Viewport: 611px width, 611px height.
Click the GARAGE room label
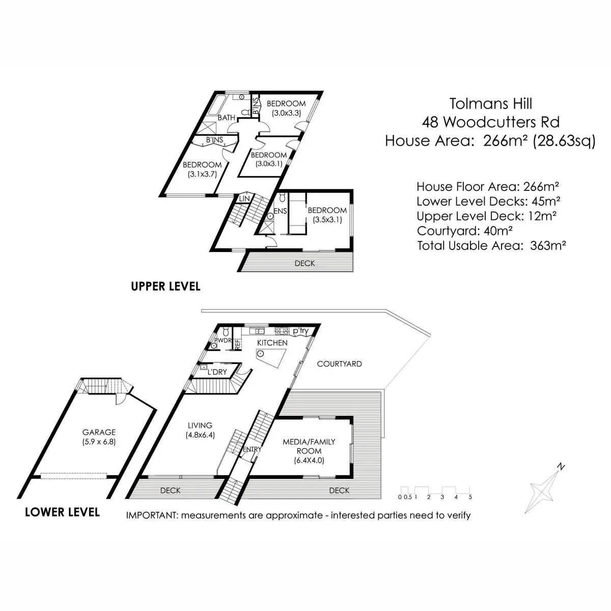click(100, 432)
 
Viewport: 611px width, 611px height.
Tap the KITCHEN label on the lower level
click(272, 343)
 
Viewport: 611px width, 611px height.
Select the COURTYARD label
click(339, 364)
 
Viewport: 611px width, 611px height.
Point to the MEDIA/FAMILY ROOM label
click(309, 446)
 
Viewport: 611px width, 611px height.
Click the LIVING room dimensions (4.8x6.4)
click(200, 435)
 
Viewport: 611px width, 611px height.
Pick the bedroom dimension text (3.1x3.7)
click(202, 174)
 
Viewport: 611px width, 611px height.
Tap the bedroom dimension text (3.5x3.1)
click(327, 220)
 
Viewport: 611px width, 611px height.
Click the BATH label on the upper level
click(227, 118)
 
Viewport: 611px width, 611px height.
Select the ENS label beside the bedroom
click(281, 211)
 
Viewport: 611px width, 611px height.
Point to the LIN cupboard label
click(244, 198)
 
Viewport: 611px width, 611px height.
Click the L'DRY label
click(217, 372)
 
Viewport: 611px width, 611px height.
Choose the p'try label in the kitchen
click(300, 331)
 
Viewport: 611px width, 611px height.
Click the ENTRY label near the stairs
click(252, 449)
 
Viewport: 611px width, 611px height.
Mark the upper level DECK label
click(304, 263)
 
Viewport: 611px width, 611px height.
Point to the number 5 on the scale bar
click(470, 496)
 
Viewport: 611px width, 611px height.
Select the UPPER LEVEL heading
click(165, 286)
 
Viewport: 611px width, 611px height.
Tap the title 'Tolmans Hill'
click(490, 103)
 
